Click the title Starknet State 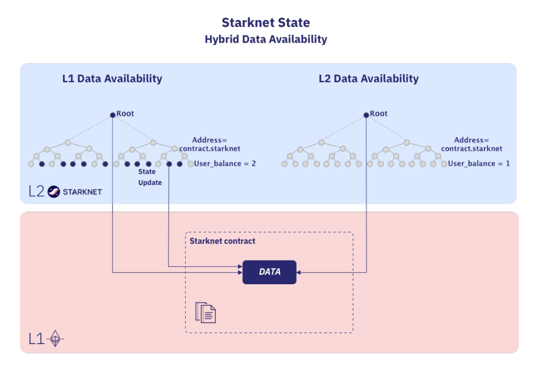click(266, 23)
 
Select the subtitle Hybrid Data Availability click(266, 39)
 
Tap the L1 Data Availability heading click(112, 79)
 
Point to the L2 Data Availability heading click(368, 79)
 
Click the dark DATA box click(269, 272)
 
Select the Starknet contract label click(222, 241)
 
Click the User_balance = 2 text click(225, 164)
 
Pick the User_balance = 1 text click(479, 164)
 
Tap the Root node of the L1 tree click(113, 115)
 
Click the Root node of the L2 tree click(366, 115)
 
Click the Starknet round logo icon click(54, 192)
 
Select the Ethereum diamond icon click(55, 338)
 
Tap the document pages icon click(205, 312)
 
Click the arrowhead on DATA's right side click(299, 272)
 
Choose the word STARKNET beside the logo click(82, 192)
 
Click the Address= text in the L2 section click(471, 140)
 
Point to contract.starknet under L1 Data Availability click(210, 149)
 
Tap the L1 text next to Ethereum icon click(36, 339)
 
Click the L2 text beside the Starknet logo click(37, 192)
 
